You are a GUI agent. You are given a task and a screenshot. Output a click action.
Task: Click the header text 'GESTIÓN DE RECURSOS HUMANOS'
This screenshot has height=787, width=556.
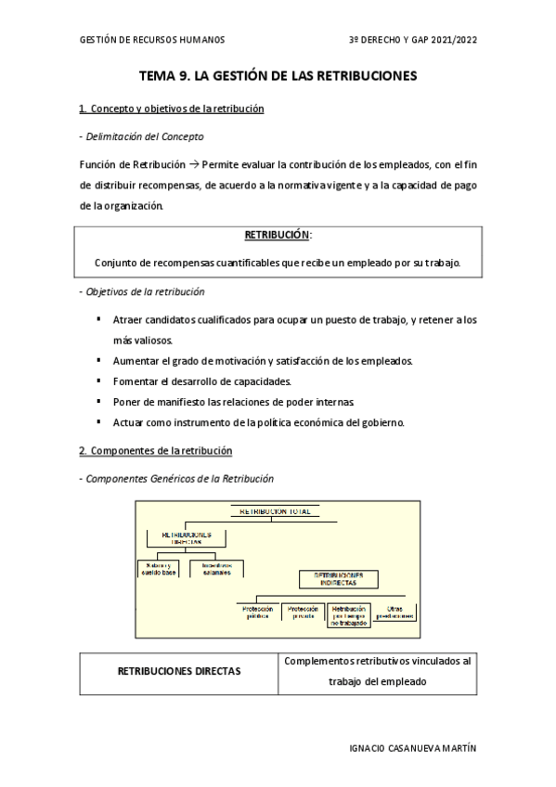(152, 40)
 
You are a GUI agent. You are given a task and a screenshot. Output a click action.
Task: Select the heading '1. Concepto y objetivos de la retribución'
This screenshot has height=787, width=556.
(172, 109)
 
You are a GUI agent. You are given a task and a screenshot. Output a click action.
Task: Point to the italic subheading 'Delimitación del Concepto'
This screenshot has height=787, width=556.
(144, 136)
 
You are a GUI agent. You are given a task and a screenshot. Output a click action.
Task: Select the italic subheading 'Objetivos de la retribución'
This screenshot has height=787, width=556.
(144, 291)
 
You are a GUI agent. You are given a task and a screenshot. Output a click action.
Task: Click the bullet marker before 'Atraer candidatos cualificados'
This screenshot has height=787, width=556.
(98, 319)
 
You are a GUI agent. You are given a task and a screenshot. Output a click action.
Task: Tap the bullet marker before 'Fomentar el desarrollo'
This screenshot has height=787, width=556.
(98, 381)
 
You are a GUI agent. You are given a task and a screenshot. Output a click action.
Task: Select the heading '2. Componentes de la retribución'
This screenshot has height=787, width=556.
(156, 450)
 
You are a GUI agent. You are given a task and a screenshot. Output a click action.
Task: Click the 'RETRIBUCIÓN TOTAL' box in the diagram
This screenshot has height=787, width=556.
(276, 511)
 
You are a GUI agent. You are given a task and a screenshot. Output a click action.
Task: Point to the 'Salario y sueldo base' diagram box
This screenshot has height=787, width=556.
(160, 569)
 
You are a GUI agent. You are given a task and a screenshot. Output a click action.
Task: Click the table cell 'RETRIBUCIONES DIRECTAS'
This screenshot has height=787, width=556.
(178, 670)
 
